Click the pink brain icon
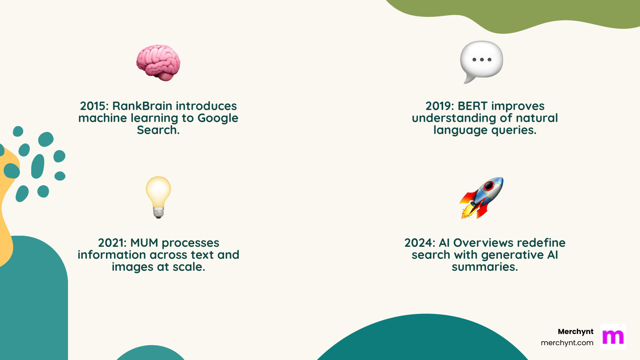coord(158,63)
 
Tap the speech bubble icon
coord(481,61)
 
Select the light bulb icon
coord(158,197)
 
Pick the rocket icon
coord(482,198)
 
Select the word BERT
coord(473,106)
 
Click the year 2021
coord(111,243)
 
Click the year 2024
coord(418,243)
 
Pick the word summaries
coord(484,267)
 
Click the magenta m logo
coord(613,337)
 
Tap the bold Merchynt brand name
coord(576,332)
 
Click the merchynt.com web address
coord(567,343)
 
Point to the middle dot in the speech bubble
coord(482,60)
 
